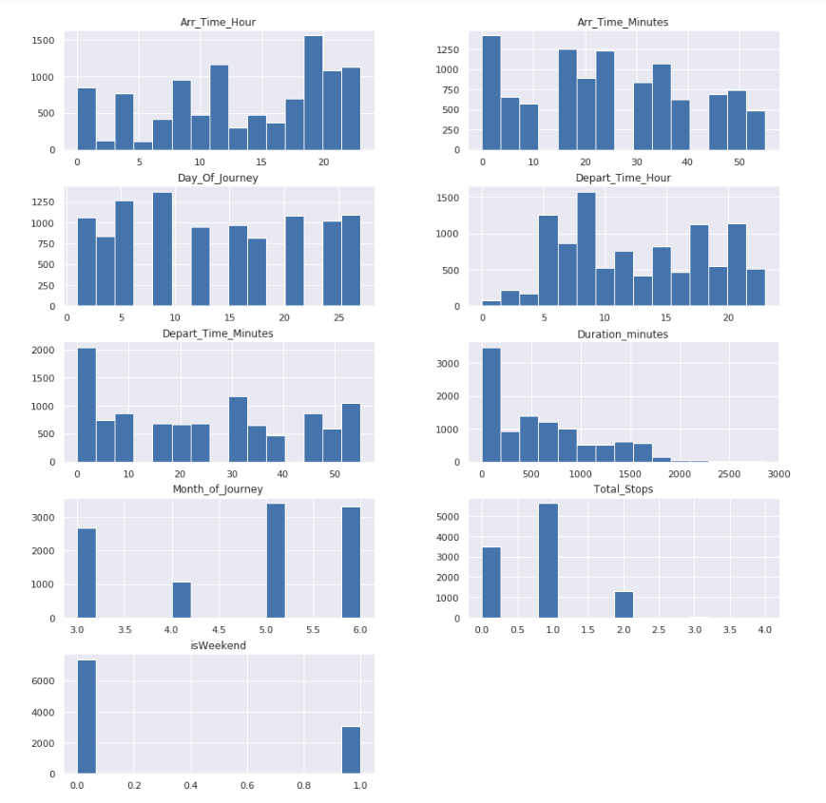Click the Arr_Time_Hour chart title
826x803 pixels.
point(218,22)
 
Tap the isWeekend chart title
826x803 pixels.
point(218,645)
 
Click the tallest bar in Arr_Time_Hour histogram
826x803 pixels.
point(313,92)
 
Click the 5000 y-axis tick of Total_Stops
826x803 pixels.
point(462,517)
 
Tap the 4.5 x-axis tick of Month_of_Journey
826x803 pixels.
point(219,630)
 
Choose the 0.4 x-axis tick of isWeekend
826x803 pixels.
point(190,786)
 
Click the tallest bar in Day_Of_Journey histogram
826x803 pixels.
point(162,249)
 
